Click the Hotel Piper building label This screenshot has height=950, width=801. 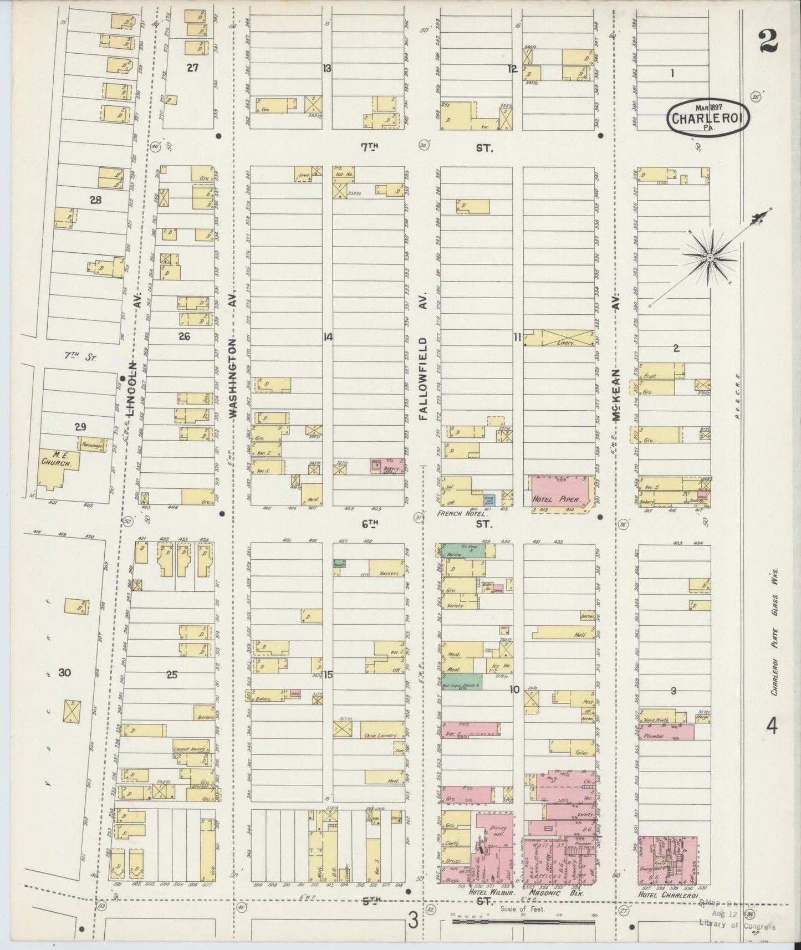pos(556,499)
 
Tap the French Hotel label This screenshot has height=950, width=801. pos(457,514)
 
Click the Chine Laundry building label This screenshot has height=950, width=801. pos(379,736)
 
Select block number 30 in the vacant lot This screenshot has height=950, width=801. pos(65,673)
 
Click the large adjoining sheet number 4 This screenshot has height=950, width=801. pos(772,725)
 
